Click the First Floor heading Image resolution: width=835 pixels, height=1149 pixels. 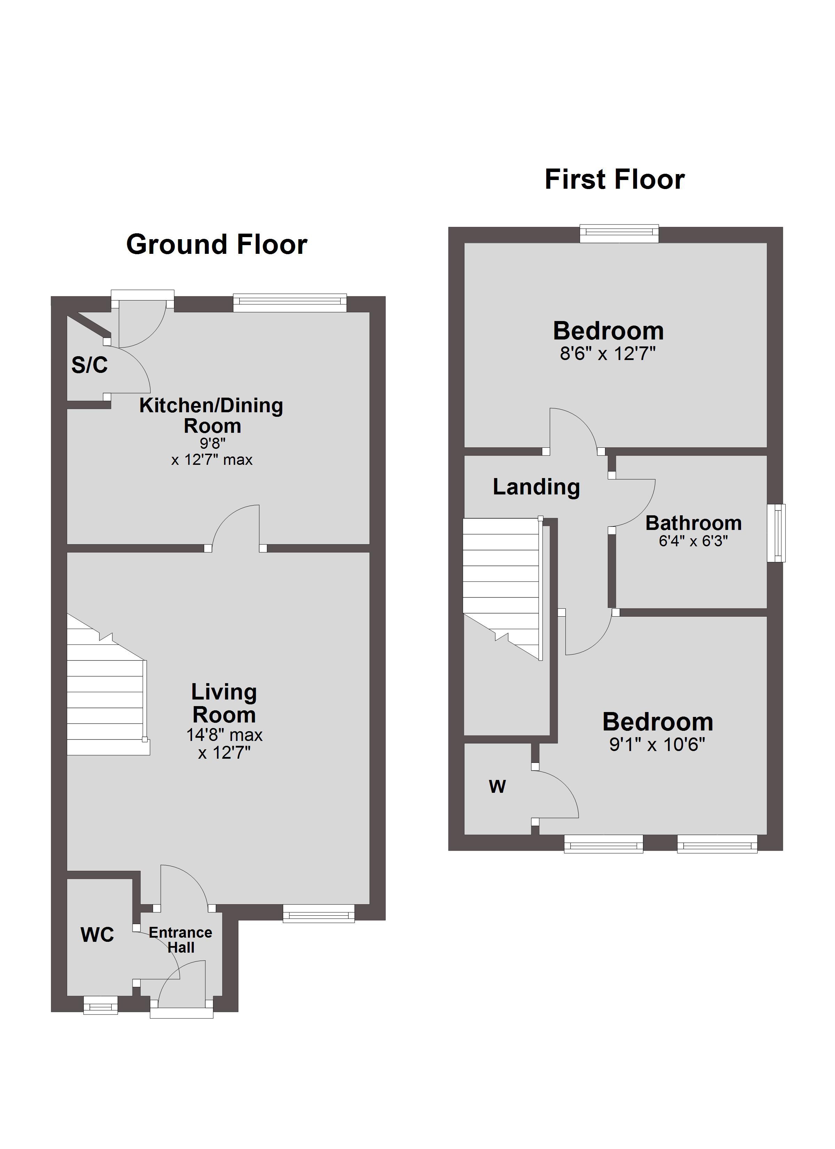click(x=615, y=179)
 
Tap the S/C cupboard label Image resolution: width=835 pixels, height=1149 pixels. click(x=90, y=365)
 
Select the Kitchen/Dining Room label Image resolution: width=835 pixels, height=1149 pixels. click(x=211, y=415)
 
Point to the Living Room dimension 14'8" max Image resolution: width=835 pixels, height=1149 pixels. click(x=224, y=735)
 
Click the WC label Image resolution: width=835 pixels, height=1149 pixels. click(x=97, y=935)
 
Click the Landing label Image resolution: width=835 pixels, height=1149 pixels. click(x=536, y=487)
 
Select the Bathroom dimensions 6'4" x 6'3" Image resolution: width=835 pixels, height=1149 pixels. click(x=693, y=541)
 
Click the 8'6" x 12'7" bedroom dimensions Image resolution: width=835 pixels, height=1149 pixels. click(x=608, y=354)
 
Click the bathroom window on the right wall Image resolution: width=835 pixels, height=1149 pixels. click(x=776, y=533)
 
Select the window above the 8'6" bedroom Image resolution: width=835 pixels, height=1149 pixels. click(x=619, y=234)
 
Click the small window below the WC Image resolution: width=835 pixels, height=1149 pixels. click(x=100, y=1005)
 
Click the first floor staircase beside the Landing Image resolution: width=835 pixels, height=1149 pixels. click(x=503, y=589)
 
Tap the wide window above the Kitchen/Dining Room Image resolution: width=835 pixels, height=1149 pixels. click(x=290, y=303)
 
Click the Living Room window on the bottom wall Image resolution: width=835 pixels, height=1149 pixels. click(x=318, y=913)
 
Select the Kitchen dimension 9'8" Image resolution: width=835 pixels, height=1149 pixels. click(x=213, y=443)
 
